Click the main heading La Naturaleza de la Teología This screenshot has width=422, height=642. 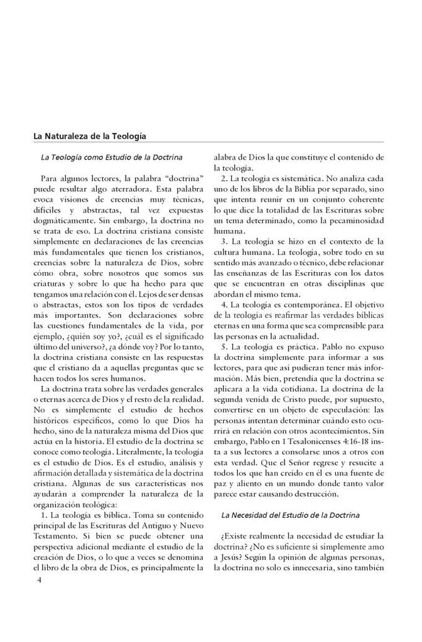click(90, 135)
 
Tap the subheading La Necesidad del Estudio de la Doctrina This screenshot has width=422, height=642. click(289, 515)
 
